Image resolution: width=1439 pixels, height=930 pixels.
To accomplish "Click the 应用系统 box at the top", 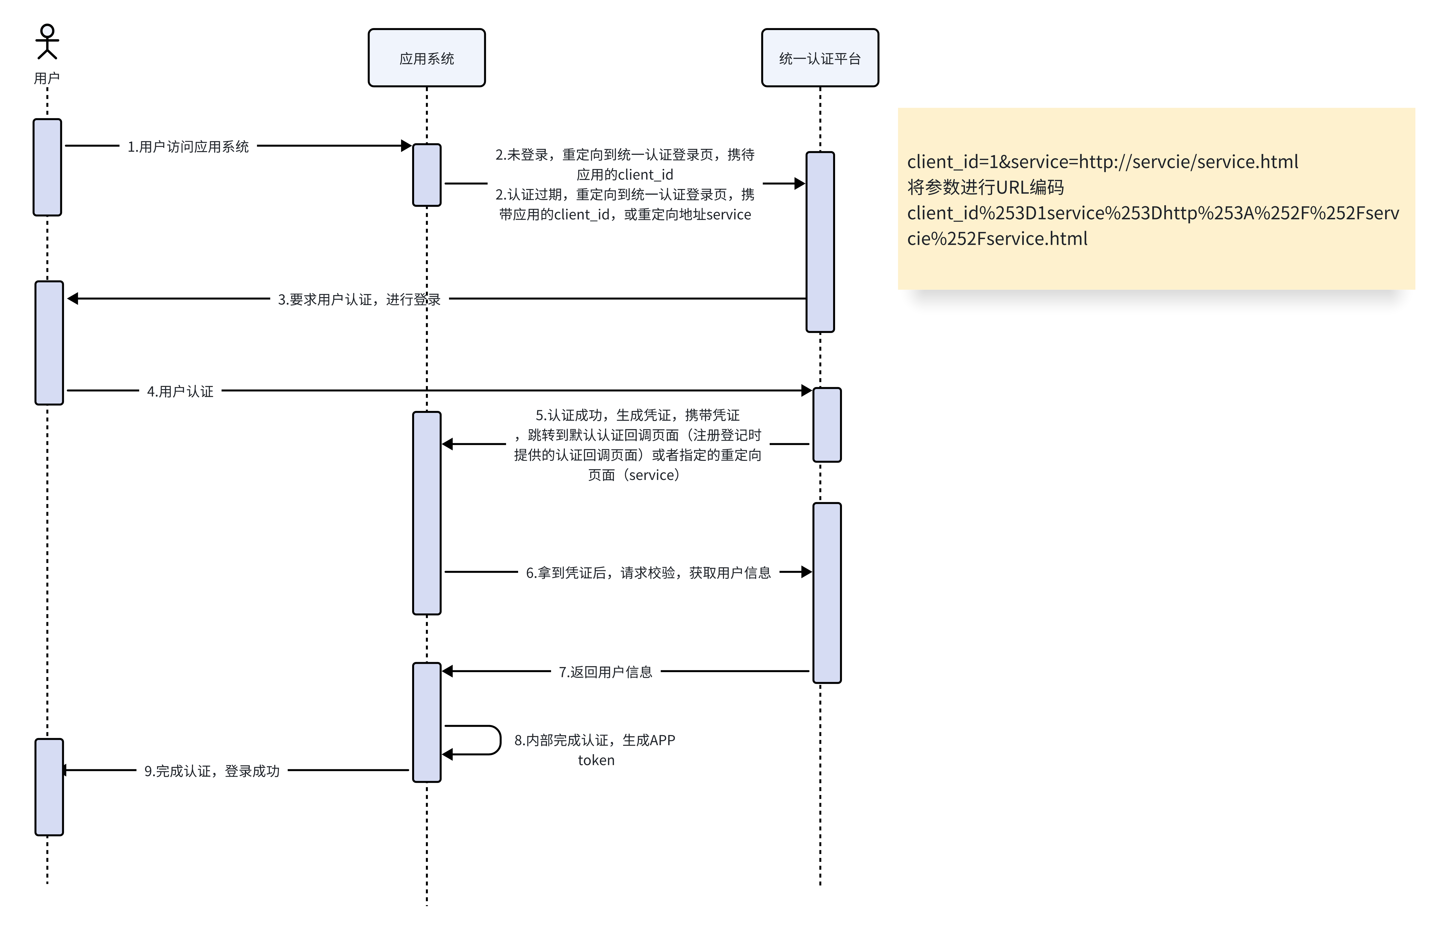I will [426, 58].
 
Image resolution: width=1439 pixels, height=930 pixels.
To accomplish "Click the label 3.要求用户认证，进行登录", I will [359, 299].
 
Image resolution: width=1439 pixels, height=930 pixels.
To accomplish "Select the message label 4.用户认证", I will [180, 391].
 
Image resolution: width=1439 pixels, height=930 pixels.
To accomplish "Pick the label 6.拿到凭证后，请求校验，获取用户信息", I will [648, 572].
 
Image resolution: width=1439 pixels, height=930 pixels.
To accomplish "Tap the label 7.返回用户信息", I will [605, 671].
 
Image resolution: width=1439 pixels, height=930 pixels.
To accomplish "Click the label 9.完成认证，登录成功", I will [211, 771].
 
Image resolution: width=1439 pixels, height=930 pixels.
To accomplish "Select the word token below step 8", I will [596, 760].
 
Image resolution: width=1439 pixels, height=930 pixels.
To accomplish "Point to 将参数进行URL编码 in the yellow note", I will [985, 187].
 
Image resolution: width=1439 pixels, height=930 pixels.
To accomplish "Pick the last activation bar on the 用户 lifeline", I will [49, 787].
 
